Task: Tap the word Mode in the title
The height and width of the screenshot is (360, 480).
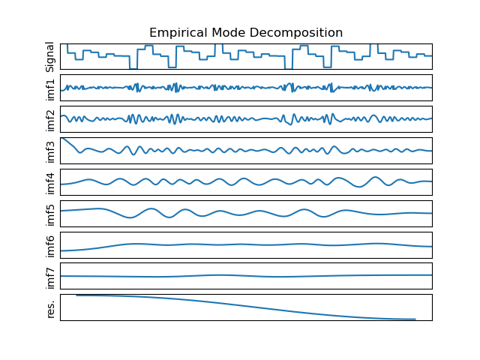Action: pyautogui.click(x=226, y=33)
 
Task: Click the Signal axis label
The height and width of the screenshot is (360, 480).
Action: pyautogui.click(x=51, y=56)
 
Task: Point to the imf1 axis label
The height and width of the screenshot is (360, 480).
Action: pyautogui.click(x=51, y=88)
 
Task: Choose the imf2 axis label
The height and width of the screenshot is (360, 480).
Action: pyautogui.click(x=51, y=119)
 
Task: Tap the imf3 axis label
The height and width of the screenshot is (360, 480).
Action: pyautogui.click(x=51, y=151)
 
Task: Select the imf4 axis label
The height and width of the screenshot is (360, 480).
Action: pyautogui.click(x=51, y=182)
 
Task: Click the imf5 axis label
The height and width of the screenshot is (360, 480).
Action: pyautogui.click(x=51, y=214)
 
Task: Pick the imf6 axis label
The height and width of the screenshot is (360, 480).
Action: pyautogui.click(x=51, y=245)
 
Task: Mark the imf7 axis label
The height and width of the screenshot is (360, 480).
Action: pyautogui.click(x=51, y=277)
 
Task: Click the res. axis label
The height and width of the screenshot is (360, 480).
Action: pyautogui.click(x=51, y=307)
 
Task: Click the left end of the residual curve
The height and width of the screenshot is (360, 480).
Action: pyautogui.click(x=76, y=295)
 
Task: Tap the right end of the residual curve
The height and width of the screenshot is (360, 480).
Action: pyautogui.click(x=415, y=319)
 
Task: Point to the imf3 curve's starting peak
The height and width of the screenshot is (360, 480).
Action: pyautogui.click(x=61, y=138)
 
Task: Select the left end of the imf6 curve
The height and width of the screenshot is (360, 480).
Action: pyautogui.click(x=61, y=250)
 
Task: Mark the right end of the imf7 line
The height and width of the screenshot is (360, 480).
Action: pyautogui.click(x=431, y=275)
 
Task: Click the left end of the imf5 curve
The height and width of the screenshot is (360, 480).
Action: pyautogui.click(x=61, y=211)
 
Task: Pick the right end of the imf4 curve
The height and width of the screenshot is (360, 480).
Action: pyautogui.click(x=431, y=182)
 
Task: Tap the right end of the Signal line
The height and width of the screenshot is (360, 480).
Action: pyautogui.click(x=431, y=55)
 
